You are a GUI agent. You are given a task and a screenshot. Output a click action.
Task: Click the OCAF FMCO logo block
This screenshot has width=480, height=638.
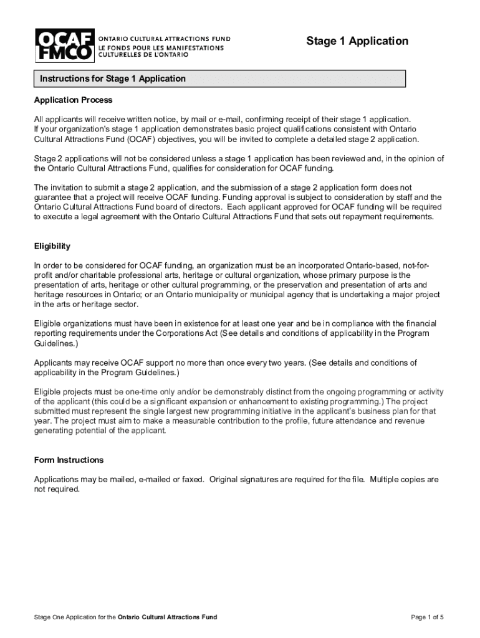64,45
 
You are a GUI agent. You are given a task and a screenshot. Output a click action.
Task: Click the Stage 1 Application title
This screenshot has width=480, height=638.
357,41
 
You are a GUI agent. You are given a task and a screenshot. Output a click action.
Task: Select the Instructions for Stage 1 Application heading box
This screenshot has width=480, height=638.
219,79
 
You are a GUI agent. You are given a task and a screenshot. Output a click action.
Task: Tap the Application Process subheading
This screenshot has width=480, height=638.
73,100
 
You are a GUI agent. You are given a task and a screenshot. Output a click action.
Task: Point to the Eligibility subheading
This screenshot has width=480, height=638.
52,246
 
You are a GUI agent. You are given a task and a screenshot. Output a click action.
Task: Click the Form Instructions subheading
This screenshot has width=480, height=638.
69,460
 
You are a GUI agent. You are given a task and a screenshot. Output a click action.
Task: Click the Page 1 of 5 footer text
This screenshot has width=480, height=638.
427,617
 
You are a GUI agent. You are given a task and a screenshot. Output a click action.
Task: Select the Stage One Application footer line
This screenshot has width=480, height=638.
125,617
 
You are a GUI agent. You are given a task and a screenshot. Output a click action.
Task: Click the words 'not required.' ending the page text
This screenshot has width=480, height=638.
57,489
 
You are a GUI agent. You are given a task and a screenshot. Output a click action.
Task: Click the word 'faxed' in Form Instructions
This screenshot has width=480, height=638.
194,479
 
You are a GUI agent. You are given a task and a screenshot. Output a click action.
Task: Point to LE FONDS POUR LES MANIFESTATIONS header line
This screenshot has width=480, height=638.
161,46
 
